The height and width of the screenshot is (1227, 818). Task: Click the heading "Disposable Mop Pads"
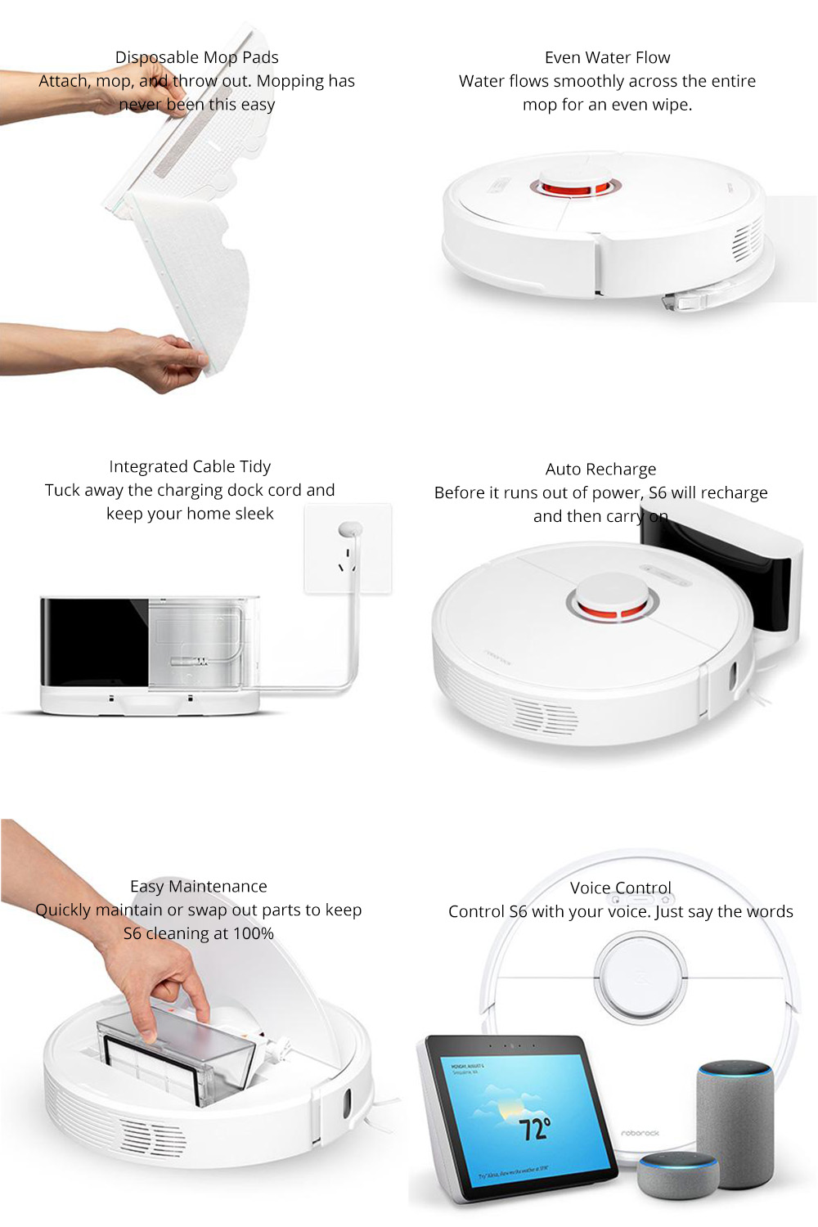click(x=196, y=57)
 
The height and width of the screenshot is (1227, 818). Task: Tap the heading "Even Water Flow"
click(x=607, y=57)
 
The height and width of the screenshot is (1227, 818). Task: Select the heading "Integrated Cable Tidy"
click(x=190, y=466)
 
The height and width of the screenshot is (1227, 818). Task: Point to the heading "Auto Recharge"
click(x=600, y=469)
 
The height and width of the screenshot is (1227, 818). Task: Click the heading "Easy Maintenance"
click(x=199, y=886)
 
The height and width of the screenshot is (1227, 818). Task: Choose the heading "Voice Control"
click(x=621, y=888)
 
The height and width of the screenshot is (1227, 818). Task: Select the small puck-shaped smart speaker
click(x=678, y=1175)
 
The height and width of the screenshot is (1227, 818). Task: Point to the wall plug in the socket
click(x=349, y=530)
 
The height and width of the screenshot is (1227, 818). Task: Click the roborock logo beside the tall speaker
click(x=640, y=1133)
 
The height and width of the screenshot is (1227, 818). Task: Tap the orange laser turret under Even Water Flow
click(x=573, y=187)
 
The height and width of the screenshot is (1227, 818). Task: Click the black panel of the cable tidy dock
click(x=94, y=642)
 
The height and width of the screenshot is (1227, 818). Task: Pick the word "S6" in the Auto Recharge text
click(x=658, y=492)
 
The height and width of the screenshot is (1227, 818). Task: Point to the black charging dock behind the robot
click(x=720, y=573)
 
